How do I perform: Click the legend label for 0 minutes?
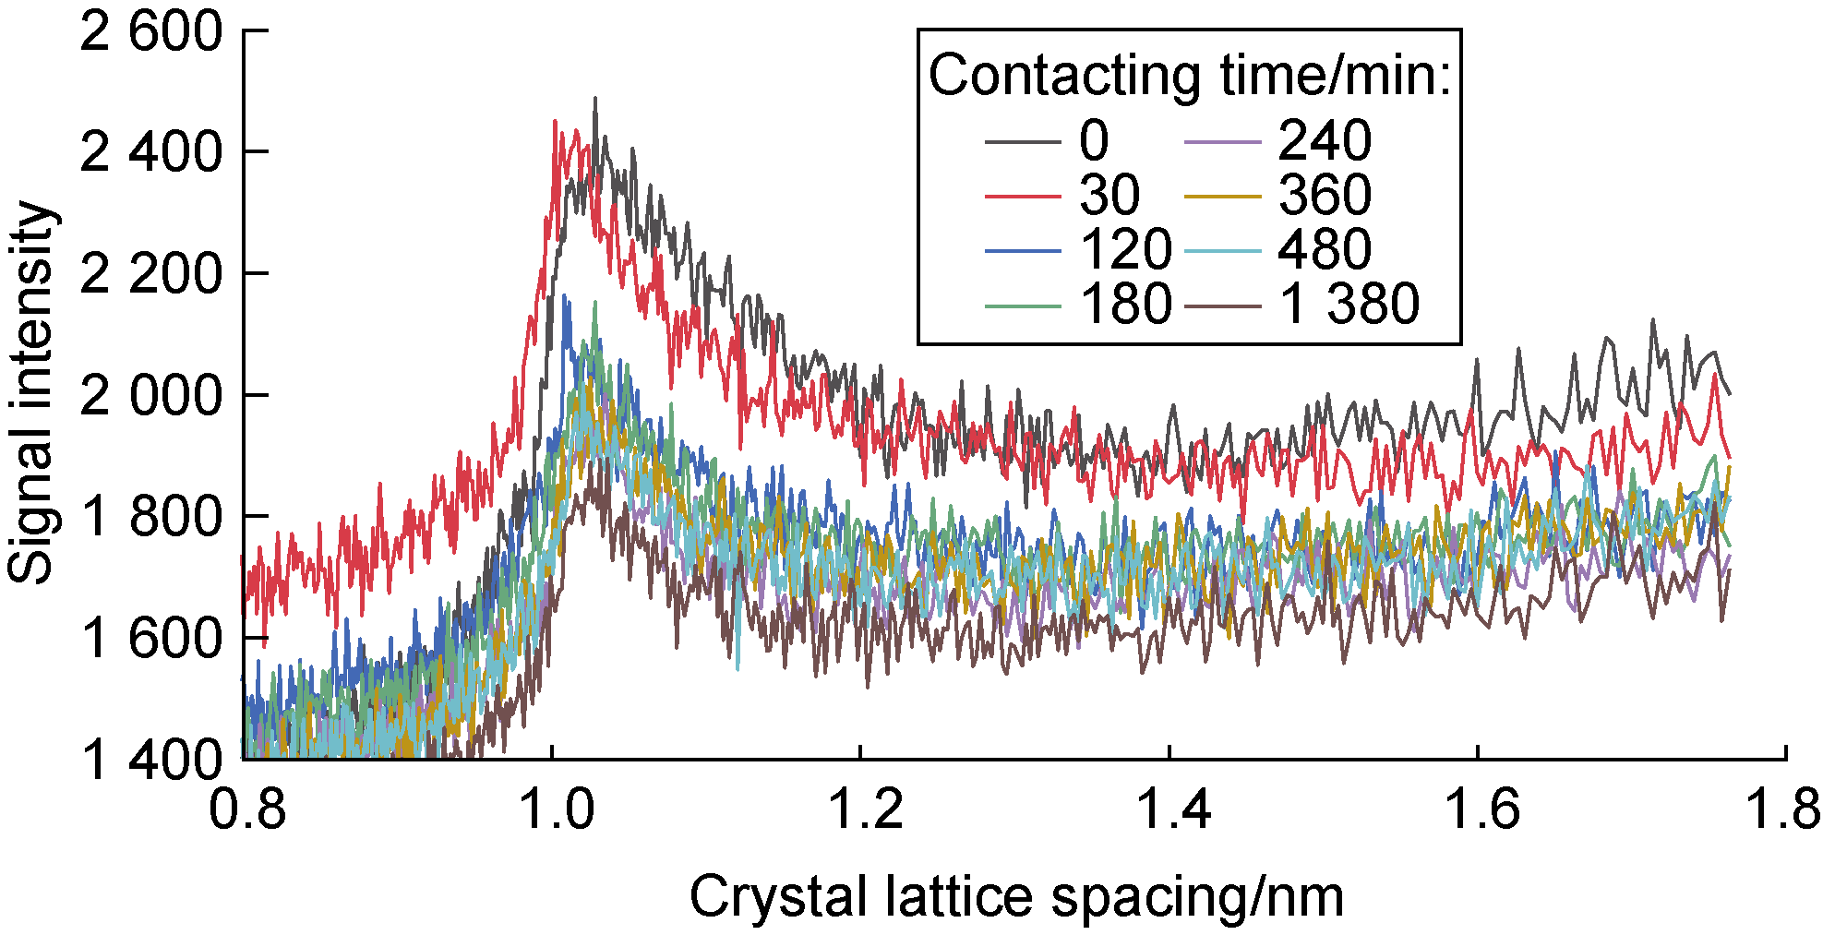coord(1094,141)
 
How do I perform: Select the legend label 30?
coord(1109,196)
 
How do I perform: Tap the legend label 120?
coord(1126,249)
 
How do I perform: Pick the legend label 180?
coord(1126,304)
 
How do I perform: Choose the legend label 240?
coord(1325,141)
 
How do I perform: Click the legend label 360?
coord(1325,196)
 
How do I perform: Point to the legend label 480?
coord(1325,249)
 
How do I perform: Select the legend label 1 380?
coord(1349,304)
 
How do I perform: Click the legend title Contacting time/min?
coord(1190,75)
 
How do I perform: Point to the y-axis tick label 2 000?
coord(151,396)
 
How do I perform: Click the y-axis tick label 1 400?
coord(151,760)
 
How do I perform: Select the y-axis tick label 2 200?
coord(151,274)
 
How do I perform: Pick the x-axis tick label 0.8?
coord(246,809)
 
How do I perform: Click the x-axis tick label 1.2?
coord(863,809)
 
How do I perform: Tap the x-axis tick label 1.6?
coord(1481,809)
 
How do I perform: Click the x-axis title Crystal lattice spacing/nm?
coord(1016,897)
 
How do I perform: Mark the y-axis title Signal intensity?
coord(32,392)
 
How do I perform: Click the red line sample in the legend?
coord(1022,196)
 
